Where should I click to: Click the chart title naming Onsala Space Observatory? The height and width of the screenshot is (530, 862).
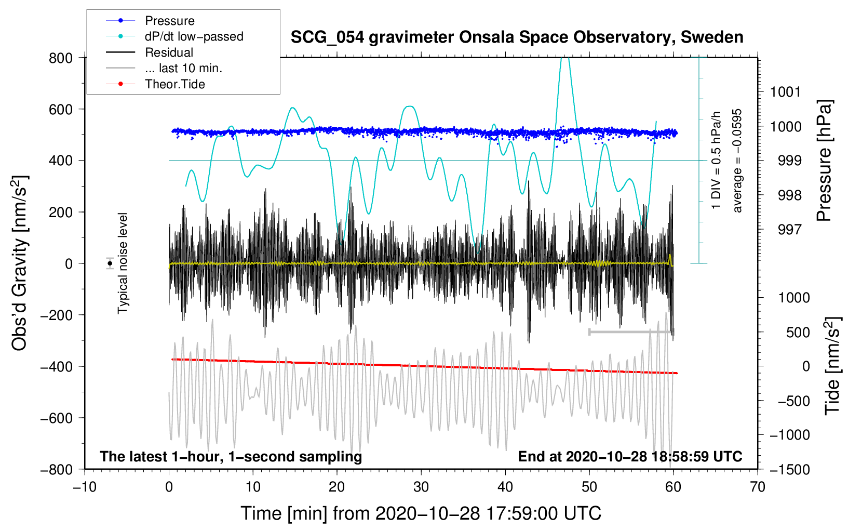(x=517, y=37)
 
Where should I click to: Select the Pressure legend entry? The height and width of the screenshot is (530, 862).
(x=169, y=21)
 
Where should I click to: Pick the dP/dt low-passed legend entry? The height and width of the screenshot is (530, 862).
(x=194, y=36)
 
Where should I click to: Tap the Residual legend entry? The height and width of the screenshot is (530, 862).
(x=169, y=52)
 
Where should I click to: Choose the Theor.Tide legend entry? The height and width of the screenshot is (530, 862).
(x=174, y=84)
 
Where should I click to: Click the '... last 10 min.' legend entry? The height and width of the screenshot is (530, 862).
(x=183, y=68)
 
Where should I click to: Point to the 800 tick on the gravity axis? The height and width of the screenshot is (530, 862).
(x=61, y=58)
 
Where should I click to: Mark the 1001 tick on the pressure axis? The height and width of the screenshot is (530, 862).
(x=786, y=92)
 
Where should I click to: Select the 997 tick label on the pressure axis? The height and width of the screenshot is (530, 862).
(x=789, y=230)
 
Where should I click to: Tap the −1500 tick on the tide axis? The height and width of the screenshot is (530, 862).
(x=789, y=469)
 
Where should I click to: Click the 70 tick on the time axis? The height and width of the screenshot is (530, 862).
(x=758, y=487)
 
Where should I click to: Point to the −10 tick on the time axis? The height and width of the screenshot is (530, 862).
(x=85, y=487)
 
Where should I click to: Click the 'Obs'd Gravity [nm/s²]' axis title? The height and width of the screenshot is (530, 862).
(x=20, y=263)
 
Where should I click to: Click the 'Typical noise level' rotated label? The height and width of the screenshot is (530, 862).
(x=123, y=263)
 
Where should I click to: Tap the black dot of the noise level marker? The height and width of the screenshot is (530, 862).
(x=110, y=263)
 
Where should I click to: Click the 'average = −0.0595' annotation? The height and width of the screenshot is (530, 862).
(x=737, y=161)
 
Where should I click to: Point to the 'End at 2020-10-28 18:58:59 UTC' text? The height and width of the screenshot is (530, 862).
(x=630, y=457)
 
